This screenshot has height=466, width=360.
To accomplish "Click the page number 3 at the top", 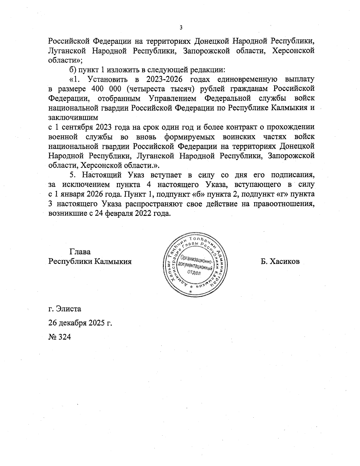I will pyautogui.click(x=181, y=28).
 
